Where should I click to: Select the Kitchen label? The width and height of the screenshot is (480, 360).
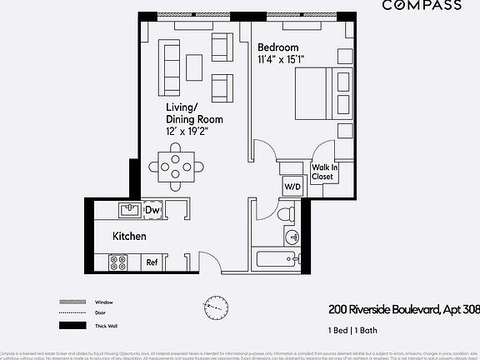(130, 237)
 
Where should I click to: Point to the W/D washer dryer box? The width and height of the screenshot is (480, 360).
(292, 187)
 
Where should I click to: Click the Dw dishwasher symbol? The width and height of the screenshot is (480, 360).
(152, 210)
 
